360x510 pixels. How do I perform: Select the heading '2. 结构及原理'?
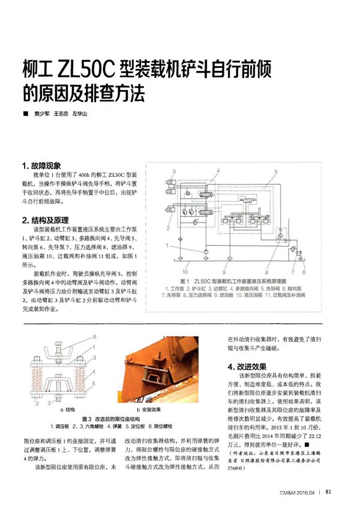[x=48, y=219]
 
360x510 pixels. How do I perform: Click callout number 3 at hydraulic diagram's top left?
[x=175, y=172]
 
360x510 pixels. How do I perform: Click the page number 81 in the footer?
[x=328, y=493]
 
